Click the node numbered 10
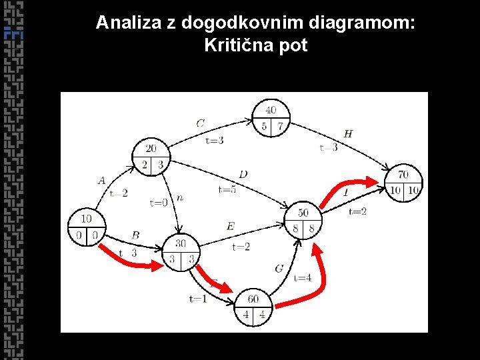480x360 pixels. tap(86, 227)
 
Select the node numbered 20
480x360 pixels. tap(151, 157)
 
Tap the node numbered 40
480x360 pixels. tap(271, 118)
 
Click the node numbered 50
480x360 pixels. tap(303, 221)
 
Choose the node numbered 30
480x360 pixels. tap(181, 252)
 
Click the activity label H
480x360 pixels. tap(348, 134)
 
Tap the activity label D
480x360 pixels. tap(243, 174)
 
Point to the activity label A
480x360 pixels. tap(101, 180)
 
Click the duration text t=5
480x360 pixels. tap(227, 189)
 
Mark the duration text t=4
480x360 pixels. tap(303, 277)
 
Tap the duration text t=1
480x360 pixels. tap(197, 299)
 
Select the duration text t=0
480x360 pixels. tap(159, 203)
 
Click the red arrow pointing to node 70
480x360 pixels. tap(345, 188)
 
